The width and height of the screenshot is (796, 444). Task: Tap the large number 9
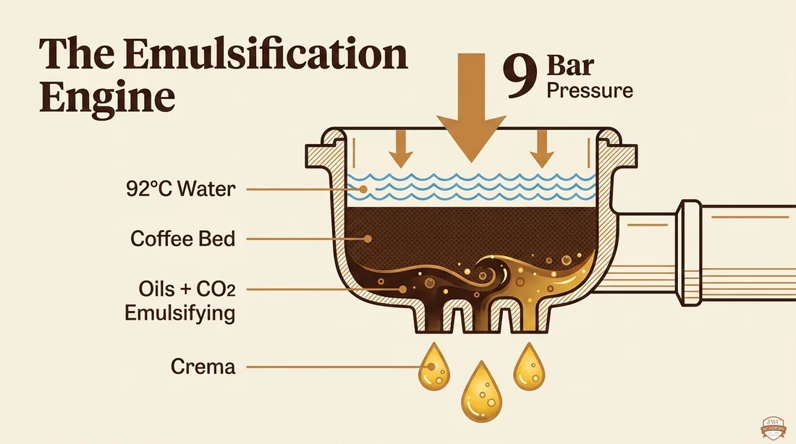pos(520,77)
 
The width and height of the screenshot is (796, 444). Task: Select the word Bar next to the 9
pos(570,66)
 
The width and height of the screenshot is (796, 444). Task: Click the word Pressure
pos(589,90)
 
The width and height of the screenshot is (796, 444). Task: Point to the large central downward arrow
pos(472,108)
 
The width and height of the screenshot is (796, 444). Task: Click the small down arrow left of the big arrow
pos(401,149)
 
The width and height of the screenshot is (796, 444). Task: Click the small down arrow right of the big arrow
pos(542,149)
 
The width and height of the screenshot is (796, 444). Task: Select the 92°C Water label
pos(181,189)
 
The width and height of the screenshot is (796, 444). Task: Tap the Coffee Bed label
pos(183,239)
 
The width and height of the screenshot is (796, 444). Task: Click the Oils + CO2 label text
pos(187,289)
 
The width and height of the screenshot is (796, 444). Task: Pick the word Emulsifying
pos(179,313)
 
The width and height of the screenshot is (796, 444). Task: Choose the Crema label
pos(203,367)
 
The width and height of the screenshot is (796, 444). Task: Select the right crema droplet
pos(530,367)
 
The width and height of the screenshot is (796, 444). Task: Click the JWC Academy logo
pos(773,427)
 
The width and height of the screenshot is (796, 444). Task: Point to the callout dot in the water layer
pos(363,189)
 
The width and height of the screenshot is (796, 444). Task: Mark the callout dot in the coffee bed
pos(368,239)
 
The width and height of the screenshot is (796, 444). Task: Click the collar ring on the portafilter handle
pos(690,252)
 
